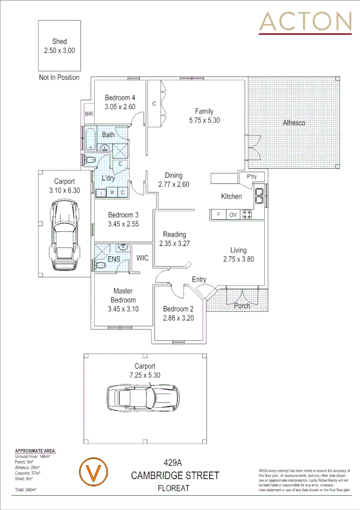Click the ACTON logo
click(x=305, y=22)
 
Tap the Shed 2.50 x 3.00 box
click(x=59, y=46)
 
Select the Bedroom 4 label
click(x=120, y=98)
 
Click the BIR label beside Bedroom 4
click(x=88, y=114)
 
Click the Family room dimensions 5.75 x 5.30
click(x=204, y=120)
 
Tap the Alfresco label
click(x=294, y=123)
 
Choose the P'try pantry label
click(x=251, y=177)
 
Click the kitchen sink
click(x=260, y=196)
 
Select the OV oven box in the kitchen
click(x=232, y=215)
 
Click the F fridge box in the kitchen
click(x=219, y=215)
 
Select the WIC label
click(x=142, y=258)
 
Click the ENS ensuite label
click(x=114, y=259)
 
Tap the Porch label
click(x=242, y=306)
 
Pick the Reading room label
click(x=174, y=235)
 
